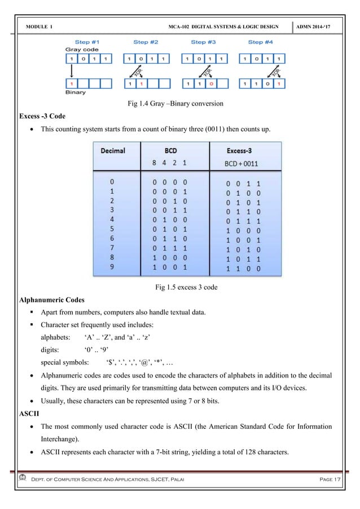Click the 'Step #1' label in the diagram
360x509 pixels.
coord(87,42)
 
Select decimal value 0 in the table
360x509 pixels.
coord(113,183)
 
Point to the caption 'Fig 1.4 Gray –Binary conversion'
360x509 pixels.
coord(179,104)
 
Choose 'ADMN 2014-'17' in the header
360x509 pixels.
coord(321,28)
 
